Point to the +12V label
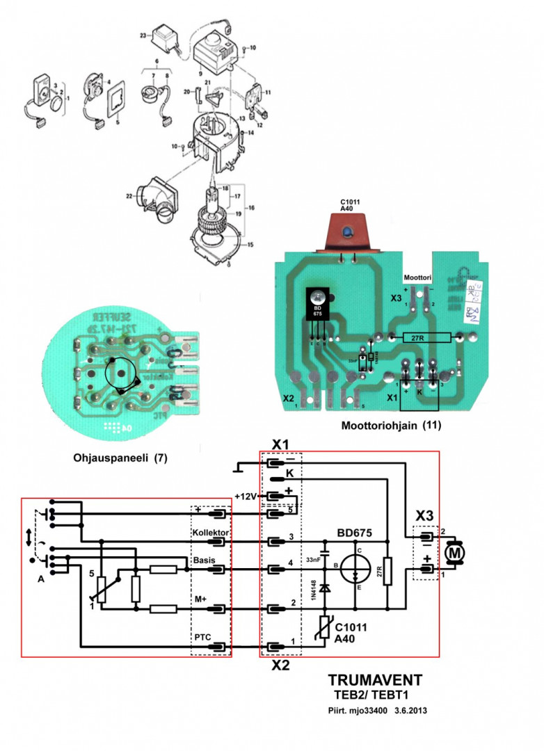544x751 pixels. click(x=246, y=496)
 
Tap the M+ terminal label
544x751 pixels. click(x=200, y=598)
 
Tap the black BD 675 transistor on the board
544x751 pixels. click(x=318, y=306)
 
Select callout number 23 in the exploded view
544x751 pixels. click(x=143, y=35)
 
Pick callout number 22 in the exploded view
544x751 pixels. click(x=129, y=197)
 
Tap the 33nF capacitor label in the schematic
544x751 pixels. click(x=312, y=559)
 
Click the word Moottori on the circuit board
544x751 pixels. click(x=417, y=276)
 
